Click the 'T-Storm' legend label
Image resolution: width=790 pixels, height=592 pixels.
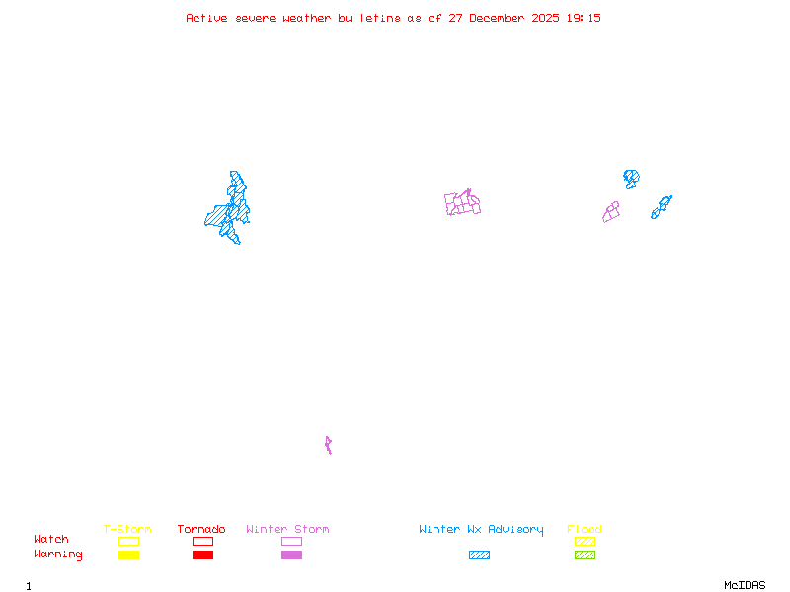127,530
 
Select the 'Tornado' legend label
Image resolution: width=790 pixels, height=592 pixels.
201,530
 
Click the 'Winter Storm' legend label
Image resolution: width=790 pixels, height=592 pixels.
287,530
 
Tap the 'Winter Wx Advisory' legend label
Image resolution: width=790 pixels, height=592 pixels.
481,530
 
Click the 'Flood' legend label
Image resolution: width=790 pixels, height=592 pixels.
585,530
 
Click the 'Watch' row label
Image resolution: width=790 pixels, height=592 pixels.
51,540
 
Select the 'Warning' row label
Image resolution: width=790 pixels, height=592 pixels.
58,555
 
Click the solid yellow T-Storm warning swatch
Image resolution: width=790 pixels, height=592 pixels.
128,555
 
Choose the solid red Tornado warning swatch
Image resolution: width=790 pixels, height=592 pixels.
202,555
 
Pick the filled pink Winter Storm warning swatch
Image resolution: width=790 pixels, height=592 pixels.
291,555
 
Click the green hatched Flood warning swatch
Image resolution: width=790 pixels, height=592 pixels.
585,555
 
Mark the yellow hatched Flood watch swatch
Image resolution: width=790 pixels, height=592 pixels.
585,541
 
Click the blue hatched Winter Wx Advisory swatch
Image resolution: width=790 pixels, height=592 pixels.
479,555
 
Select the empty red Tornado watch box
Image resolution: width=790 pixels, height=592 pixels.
202,541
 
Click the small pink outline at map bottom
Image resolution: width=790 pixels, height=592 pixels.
328,446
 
